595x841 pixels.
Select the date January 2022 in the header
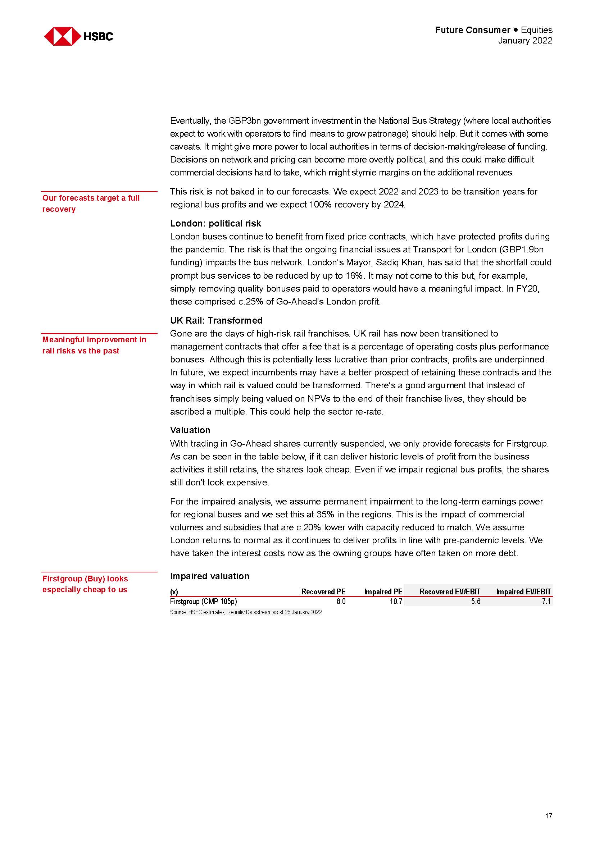(x=524, y=41)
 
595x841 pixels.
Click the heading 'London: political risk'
(x=215, y=223)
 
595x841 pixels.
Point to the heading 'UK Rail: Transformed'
(x=216, y=320)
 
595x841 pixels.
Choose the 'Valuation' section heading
(x=190, y=430)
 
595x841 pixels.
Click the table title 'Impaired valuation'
(x=210, y=576)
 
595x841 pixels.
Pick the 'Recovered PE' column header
(x=323, y=591)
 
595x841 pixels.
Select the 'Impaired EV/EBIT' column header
(x=523, y=591)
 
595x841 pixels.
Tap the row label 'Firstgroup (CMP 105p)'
(x=203, y=602)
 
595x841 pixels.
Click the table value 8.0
(x=341, y=602)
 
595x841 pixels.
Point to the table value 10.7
(x=396, y=602)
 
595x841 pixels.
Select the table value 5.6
(x=476, y=602)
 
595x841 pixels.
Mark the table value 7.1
(x=546, y=602)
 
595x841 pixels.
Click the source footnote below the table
(x=245, y=612)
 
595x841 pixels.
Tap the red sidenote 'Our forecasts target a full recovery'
(x=91, y=203)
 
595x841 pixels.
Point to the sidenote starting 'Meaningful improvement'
(x=94, y=345)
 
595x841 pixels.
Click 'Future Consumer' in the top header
(x=473, y=30)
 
